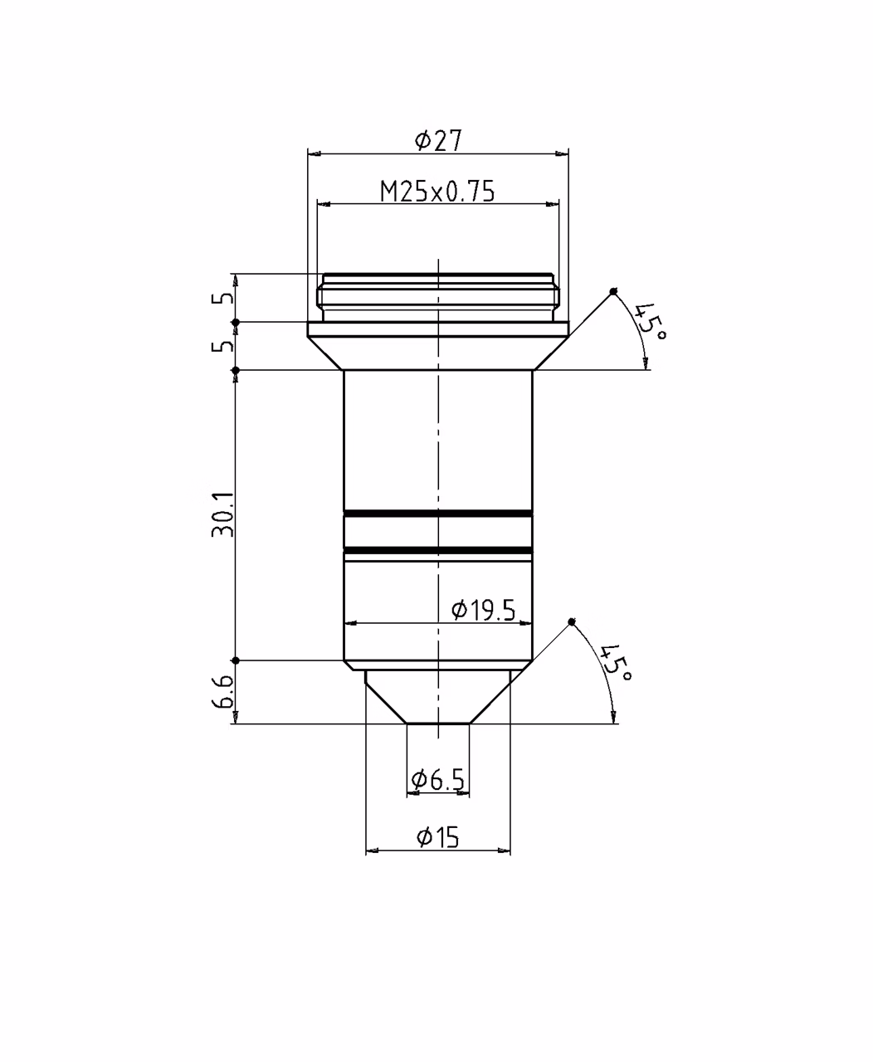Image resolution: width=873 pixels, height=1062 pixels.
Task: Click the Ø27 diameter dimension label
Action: point(438,140)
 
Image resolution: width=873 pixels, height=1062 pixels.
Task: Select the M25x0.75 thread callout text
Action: point(437,192)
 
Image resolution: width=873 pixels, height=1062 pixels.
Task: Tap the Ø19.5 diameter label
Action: point(484,611)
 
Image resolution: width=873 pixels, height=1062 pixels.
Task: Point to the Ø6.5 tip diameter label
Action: point(438,780)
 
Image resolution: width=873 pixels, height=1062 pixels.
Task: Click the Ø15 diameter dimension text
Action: point(438,837)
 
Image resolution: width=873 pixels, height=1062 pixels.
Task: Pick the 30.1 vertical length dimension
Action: point(222,514)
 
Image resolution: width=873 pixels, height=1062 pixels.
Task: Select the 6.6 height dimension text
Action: point(222,692)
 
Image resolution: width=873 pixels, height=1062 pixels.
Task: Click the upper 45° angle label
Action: point(649,321)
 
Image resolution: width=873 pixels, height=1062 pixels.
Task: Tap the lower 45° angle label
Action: point(615,662)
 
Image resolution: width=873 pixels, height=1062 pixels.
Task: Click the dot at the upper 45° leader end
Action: point(613,291)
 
